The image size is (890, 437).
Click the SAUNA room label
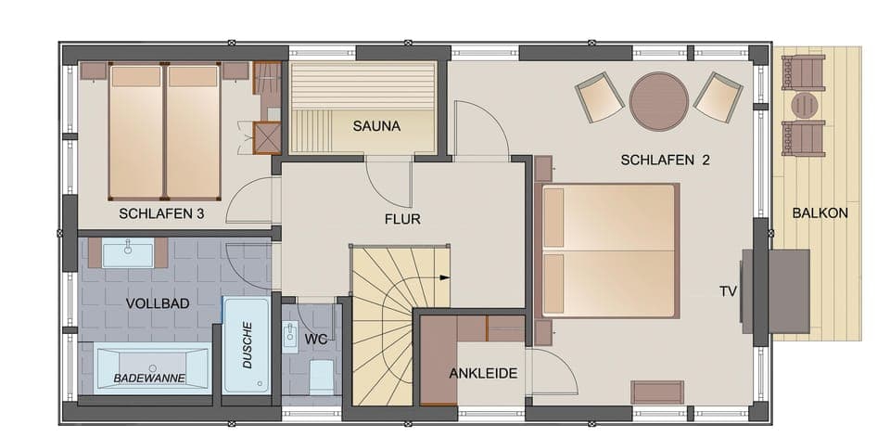(x=375, y=126)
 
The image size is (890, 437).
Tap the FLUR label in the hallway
(x=402, y=220)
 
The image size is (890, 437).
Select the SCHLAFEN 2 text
(x=665, y=160)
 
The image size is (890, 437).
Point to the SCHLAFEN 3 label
(x=161, y=214)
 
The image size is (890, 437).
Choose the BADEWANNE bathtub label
(x=149, y=378)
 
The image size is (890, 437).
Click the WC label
(x=316, y=339)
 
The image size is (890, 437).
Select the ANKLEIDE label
(x=483, y=374)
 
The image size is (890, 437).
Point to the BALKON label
(x=820, y=212)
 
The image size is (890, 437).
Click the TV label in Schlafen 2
(x=728, y=290)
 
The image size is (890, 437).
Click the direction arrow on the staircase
(x=445, y=276)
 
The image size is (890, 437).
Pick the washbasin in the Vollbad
(x=128, y=252)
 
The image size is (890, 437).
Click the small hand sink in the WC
(x=289, y=334)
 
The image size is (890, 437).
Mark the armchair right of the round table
(x=718, y=96)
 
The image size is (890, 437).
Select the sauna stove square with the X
(x=267, y=138)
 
